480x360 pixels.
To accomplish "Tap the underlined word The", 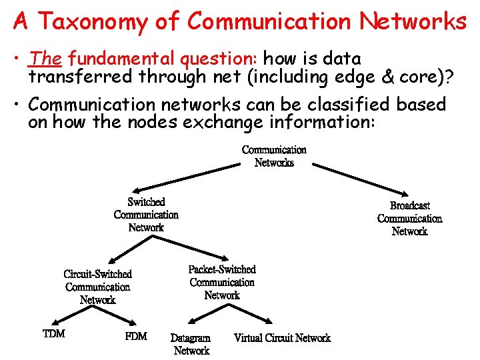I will (45, 59).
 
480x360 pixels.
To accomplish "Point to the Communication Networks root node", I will (274, 156).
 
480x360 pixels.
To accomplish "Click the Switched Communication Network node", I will (146, 215).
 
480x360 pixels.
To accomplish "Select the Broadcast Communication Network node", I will (409, 219).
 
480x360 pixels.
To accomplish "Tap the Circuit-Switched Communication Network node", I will (98, 287).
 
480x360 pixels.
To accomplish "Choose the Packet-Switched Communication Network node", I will (222, 282).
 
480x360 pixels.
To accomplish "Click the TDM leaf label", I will (54, 333).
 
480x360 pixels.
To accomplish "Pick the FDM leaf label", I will (136, 336).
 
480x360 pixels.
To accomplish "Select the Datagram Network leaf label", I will (191, 344).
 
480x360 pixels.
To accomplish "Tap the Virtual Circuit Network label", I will (282, 338).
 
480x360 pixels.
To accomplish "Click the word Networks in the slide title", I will (413, 21).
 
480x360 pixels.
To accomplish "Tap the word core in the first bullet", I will (419, 77).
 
